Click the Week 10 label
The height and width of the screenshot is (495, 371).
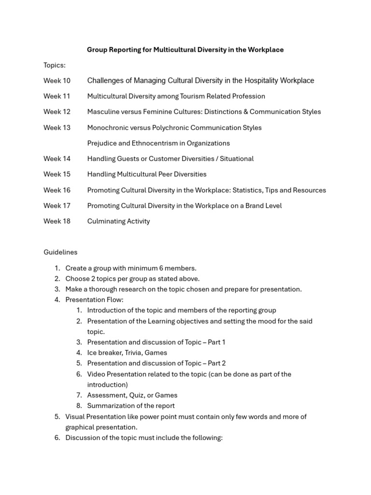coord(57,81)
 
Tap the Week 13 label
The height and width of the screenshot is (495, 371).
coord(57,128)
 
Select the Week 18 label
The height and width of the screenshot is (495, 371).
coord(57,221)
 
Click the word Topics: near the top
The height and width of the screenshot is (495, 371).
coord(55,65)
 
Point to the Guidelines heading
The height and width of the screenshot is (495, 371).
coord(60,252)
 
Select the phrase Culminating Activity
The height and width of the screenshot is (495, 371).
coord(118,221)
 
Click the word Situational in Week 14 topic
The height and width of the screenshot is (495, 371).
coord(236,159)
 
